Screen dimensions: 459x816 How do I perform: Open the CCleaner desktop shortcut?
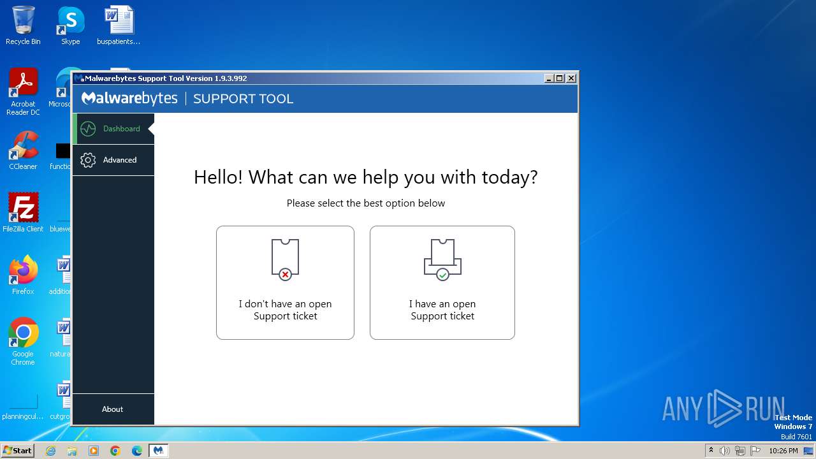[x=23, y=150]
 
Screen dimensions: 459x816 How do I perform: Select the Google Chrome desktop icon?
[x=23, y=338]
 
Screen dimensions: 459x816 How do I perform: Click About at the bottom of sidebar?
[x=113, y=409]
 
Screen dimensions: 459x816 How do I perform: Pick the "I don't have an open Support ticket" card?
[x=285, y=282]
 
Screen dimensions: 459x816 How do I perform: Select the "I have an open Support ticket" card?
[x=442, y=282]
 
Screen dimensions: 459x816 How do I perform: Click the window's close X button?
[x=571, y=78]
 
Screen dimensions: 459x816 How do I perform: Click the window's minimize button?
[x=549, y=78]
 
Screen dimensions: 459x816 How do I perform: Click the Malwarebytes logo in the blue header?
[x=130, y=98]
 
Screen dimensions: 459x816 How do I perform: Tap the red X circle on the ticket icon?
[x=285, y=275]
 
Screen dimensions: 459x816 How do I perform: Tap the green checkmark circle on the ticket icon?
[x=442, y=275]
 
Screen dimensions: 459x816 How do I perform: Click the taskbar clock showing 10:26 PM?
[x=783, y=451]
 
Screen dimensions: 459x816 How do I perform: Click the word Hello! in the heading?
[x=218, y=177]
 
